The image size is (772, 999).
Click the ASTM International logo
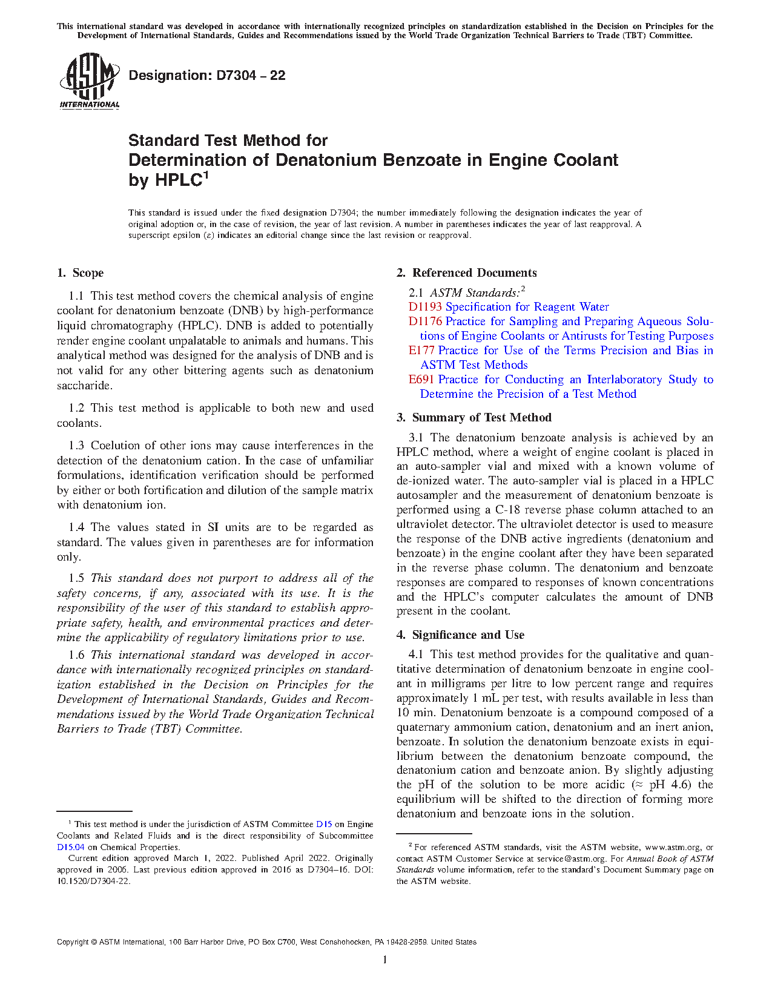click(x=89, y=82)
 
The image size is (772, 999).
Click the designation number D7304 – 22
click(x=250, y=76)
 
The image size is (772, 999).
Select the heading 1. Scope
click(x=81, y=273)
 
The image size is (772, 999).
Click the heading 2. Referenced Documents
click(x=466, y=273)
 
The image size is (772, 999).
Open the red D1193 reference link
click(x=425, y=307)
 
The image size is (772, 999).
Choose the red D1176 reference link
click(x=425, y=321)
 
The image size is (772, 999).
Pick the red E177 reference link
click(x=421, y=351)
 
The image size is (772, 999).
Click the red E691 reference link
click(x=421, y=380)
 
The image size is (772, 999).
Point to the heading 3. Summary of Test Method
click(x=473, y=418)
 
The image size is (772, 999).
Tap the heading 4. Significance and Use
click(x=460, y=635)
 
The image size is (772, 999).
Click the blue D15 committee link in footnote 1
click(x=324, y=824)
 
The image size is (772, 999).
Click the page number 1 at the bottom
click(x=385, y=960)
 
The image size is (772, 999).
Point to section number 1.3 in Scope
click(x=76, y=446)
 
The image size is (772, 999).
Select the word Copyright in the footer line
click(x=73, y=942)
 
